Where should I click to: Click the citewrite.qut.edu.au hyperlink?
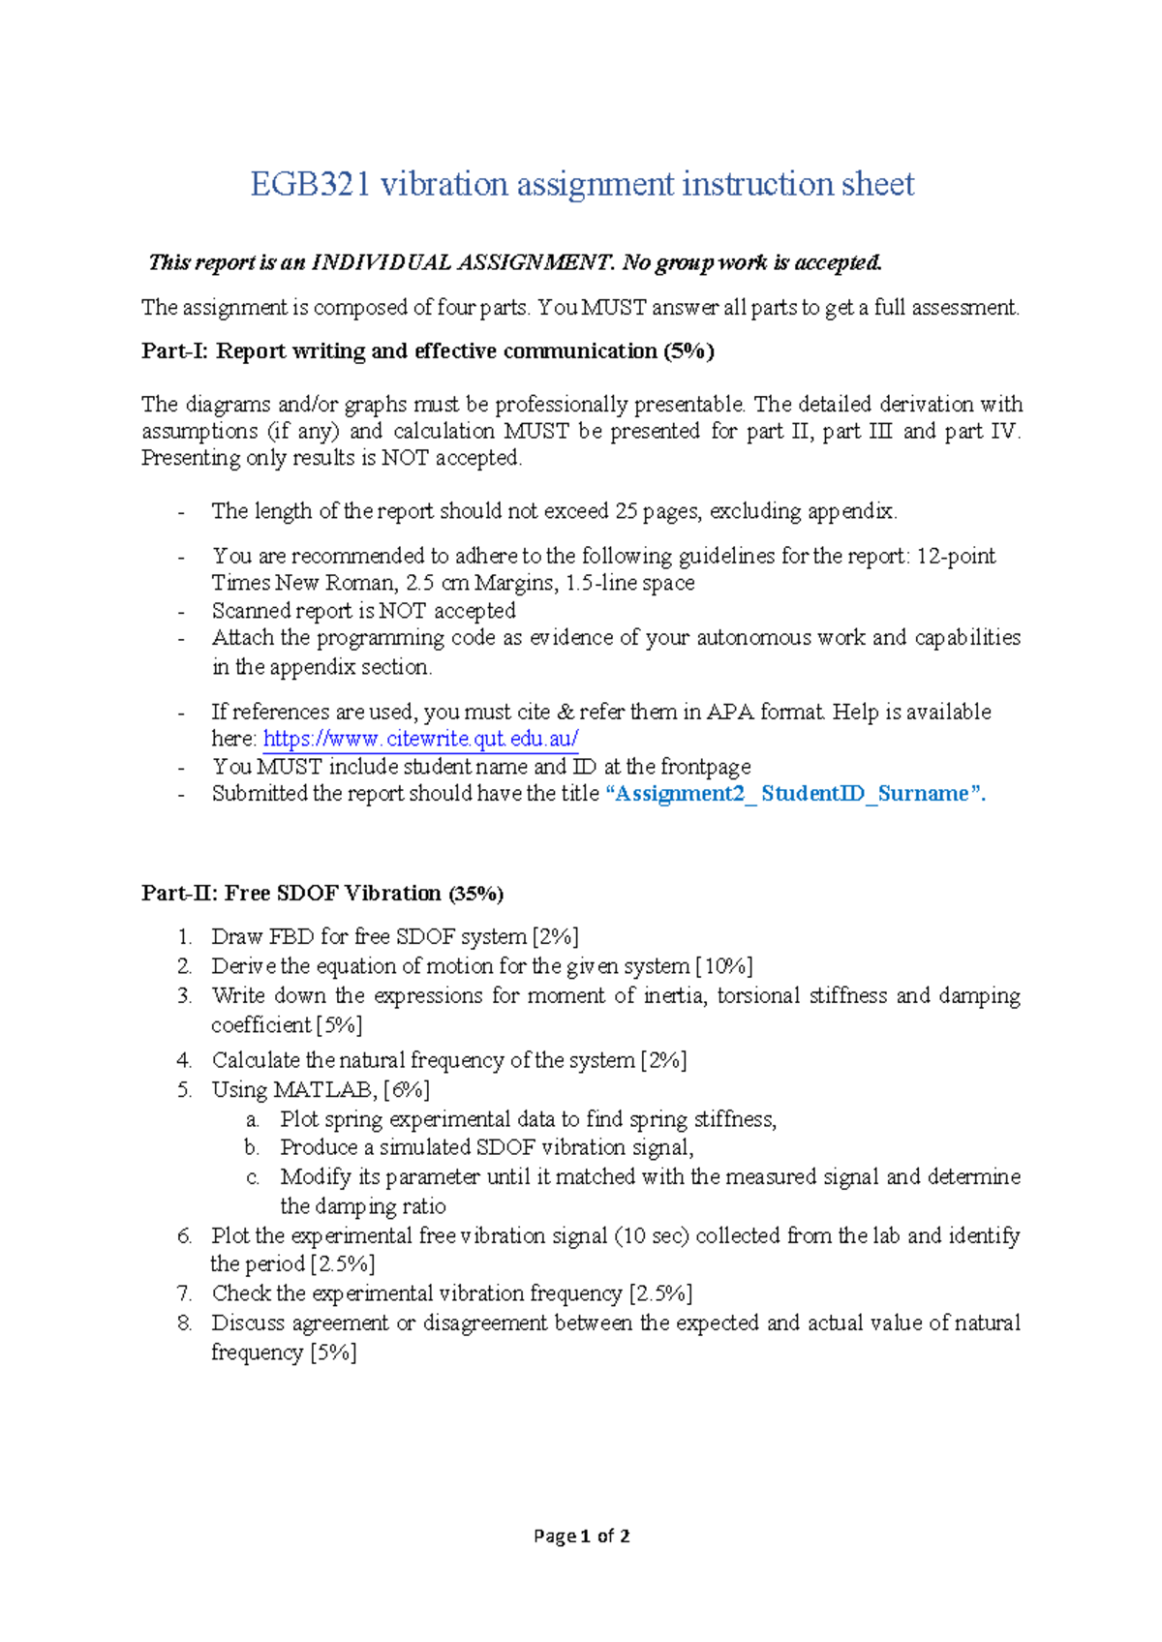(x=420, y=740)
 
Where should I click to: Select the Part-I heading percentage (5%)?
(x=688, y=351)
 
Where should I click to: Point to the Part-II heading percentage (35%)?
(x=475, y=894)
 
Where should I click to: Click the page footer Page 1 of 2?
(x=581, y=1536)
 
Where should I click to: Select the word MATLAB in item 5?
(x=325, y=1090)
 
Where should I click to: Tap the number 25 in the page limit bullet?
(x=626, y=511)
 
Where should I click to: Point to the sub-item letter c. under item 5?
(x=253, y=1178)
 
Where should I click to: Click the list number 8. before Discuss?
(x=185, y=1323)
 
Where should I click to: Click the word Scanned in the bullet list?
(x=244, y=611)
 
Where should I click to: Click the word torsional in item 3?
(x=758, y=996)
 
